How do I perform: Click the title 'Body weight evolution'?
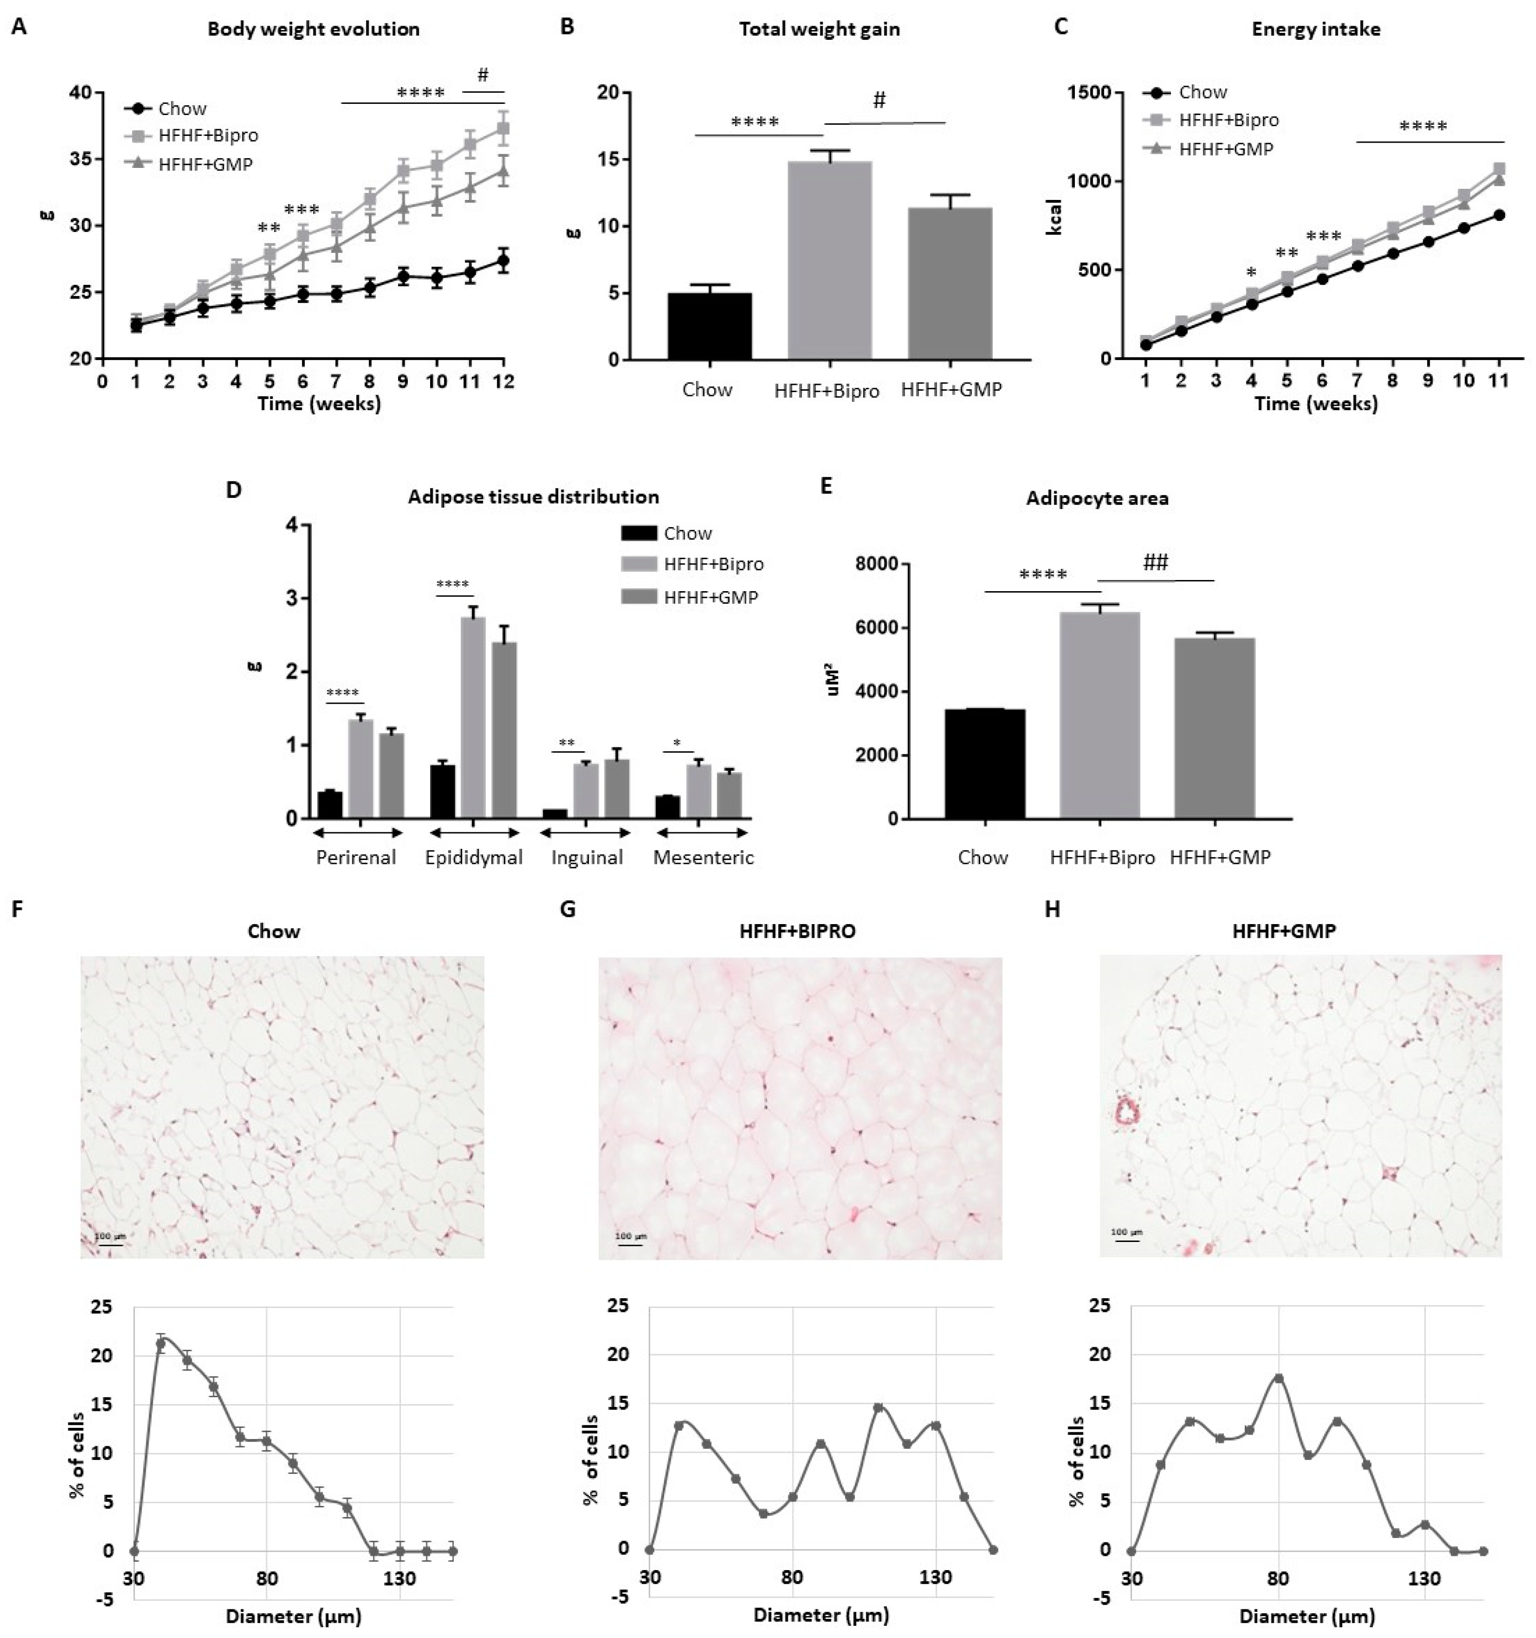click(x=313, y=30)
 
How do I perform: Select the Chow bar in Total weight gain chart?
click(x=709, y=326)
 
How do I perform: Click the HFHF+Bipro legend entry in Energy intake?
click(x=1228, y=120)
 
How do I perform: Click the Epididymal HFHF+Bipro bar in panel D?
click(x=473, y=717)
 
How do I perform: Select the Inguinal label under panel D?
click(x=587, y=858)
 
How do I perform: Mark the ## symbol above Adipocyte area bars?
click(x=1155, y=563)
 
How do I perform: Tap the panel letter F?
click(x=17, y=909)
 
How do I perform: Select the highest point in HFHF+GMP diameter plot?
click(x=1279, y=1378)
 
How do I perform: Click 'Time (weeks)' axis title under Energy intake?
click(x=1315, y=404)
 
